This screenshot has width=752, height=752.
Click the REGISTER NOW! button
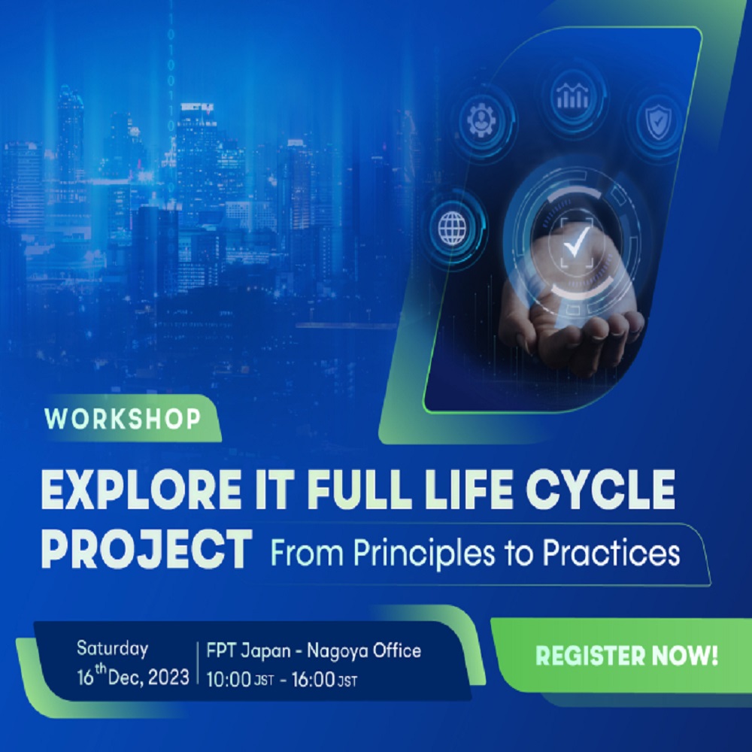pos(626,655)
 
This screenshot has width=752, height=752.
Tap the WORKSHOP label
pos(123,420)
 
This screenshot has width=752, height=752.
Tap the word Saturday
pos(112,649)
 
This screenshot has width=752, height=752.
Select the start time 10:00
pos(229,679)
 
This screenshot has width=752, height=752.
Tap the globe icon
pos(453,226)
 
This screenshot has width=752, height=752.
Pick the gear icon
pos(483,121)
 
